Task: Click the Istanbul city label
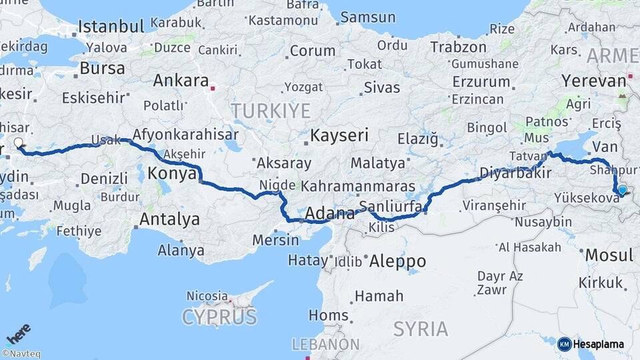(111, 27)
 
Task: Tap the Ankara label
(181, 81)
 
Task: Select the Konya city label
(171, 173)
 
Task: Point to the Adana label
(330, 214)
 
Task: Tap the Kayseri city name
(339, 135)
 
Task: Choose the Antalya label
(169, 218)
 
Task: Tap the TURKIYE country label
(271, 110)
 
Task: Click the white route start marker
(19, 142)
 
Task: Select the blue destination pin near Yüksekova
(622, 190)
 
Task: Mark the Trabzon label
(458, 47)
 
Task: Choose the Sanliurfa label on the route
(390, 205)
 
